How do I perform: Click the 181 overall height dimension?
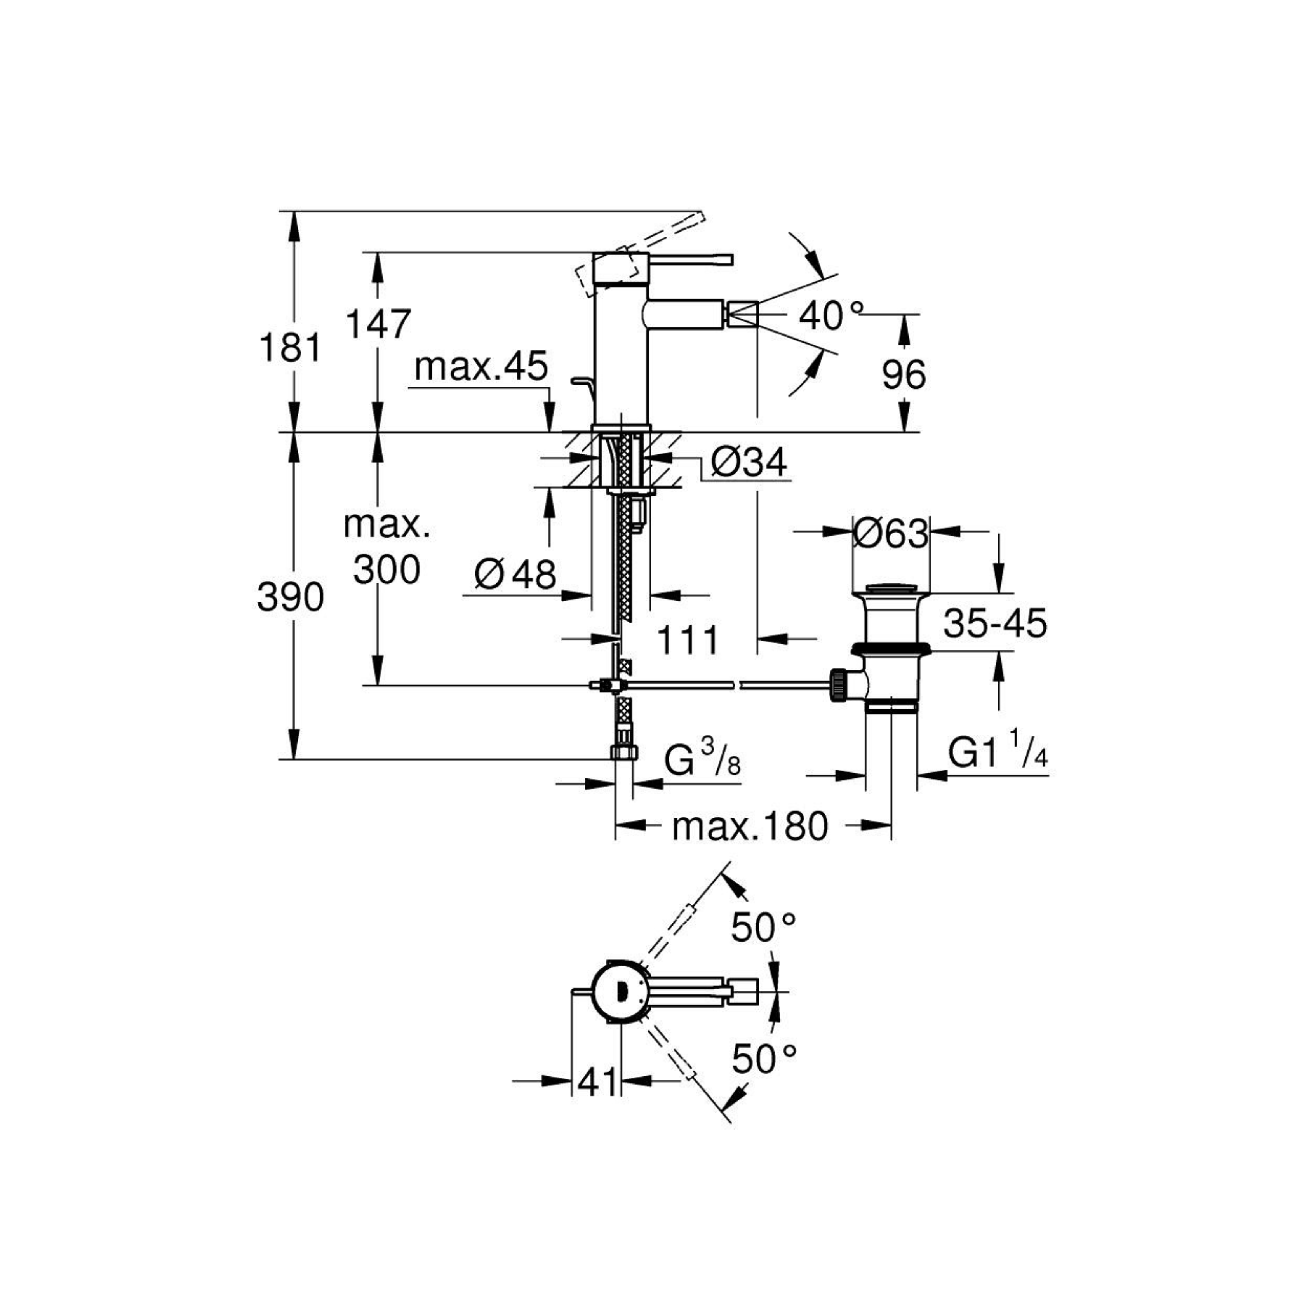click(x=290, y=348)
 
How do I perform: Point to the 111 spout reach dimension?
click(x=688, y=639)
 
